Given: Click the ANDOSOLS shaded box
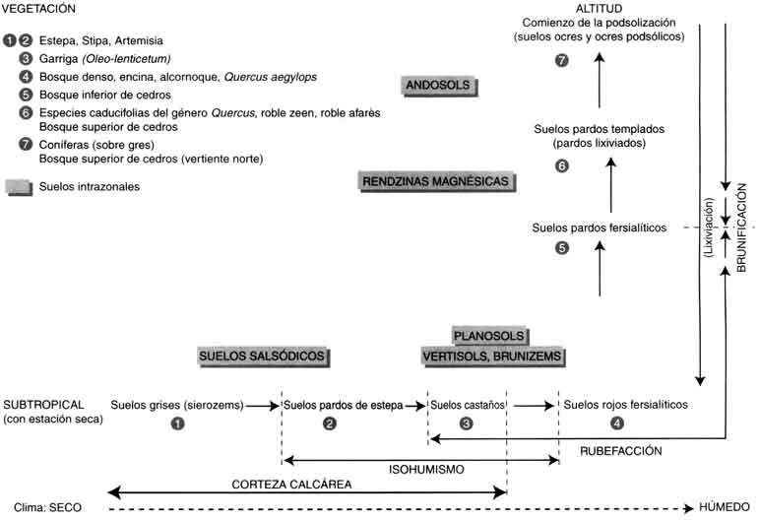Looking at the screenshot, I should point(442,87).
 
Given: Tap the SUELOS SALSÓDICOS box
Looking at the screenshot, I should point(262,356).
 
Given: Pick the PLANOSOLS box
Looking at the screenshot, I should point(491,336).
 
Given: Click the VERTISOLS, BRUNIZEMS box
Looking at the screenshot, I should point(491,356).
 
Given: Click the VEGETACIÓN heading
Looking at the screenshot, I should point(40,8).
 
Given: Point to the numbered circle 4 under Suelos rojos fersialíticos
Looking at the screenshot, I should point(616,424).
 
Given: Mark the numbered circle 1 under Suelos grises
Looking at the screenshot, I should point(177,424).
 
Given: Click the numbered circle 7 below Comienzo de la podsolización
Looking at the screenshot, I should point(562,60).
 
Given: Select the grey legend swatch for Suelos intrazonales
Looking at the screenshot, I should point(19,184).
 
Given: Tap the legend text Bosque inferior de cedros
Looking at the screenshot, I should point(97,96).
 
